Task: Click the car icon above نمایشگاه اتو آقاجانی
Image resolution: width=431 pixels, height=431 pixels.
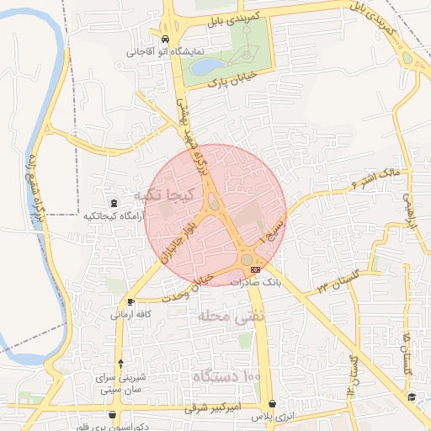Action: click(165, 40)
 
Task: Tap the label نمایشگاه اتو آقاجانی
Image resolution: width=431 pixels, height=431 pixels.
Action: click(166, 51)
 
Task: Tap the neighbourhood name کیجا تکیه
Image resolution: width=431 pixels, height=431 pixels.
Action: click(164, 195)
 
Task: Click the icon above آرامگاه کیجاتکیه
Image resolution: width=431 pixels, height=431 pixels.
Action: click(114, 203)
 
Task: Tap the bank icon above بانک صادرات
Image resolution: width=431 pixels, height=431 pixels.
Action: click(255, 269)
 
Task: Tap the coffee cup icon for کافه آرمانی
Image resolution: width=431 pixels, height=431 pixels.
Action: click(130, 301)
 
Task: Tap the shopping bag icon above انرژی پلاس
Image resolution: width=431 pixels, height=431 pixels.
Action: click(273, 405)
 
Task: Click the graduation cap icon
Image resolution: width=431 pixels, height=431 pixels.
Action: click(412, 397)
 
